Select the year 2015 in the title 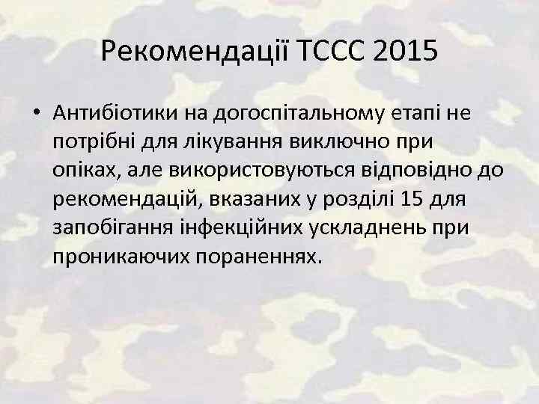click(x=405, y=52)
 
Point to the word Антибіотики click(x=109, y=112)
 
